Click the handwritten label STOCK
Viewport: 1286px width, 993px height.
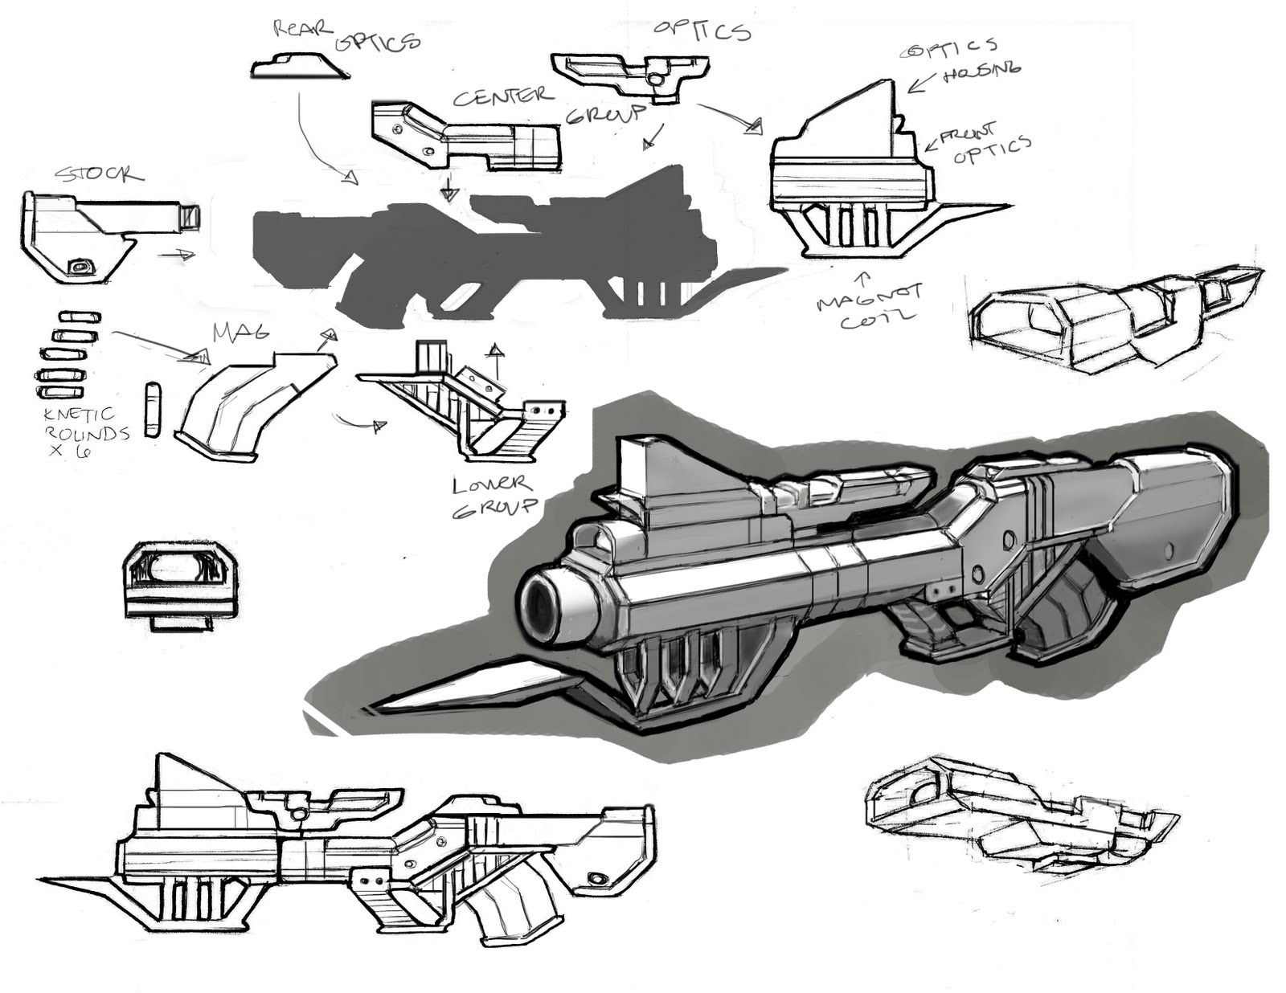pos(99,174)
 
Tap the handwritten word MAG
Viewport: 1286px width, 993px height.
pos(240,332)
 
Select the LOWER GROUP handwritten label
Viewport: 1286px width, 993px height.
pos(492,496)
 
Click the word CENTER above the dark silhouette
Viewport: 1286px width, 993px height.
pos(503,96)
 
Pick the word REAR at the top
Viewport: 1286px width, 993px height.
pos(303,30)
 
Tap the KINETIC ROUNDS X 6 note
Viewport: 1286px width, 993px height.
pos(85,431)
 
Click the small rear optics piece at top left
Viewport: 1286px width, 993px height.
pos(299,67)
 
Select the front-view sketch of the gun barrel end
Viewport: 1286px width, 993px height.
pos(180,583)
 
